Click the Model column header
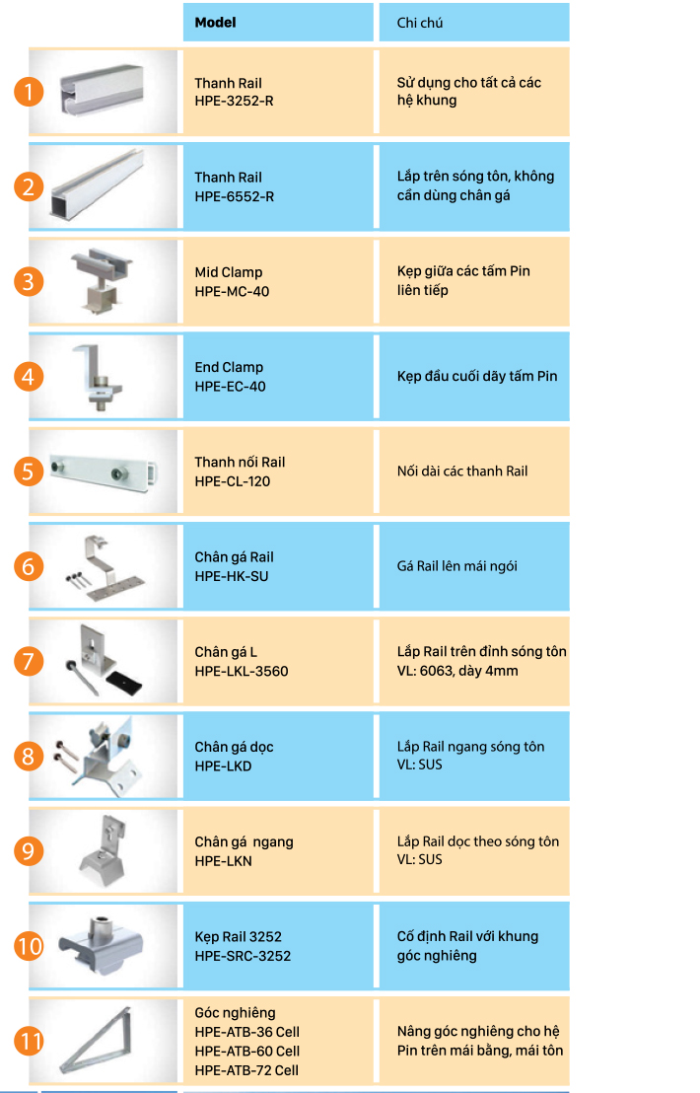[215, 23]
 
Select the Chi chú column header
[420, 23]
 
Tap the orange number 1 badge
[29, 92]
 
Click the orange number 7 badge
[29, 661]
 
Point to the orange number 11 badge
[29, 1041]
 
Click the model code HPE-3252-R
[234, 101]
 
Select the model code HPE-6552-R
[234, 196]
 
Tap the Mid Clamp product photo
[103, 281]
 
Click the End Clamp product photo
[98, 377]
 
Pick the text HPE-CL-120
[232, 481]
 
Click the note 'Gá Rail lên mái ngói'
[456, 566]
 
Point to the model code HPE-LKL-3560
[241, 671]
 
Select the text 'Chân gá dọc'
[234, 747]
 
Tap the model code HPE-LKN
[223, 861]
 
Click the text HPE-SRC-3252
[243, 956]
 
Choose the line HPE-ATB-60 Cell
[246, 1051]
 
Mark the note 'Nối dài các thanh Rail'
[462, 472]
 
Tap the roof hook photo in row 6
[105, 567]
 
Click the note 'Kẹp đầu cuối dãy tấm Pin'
[477, 377]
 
